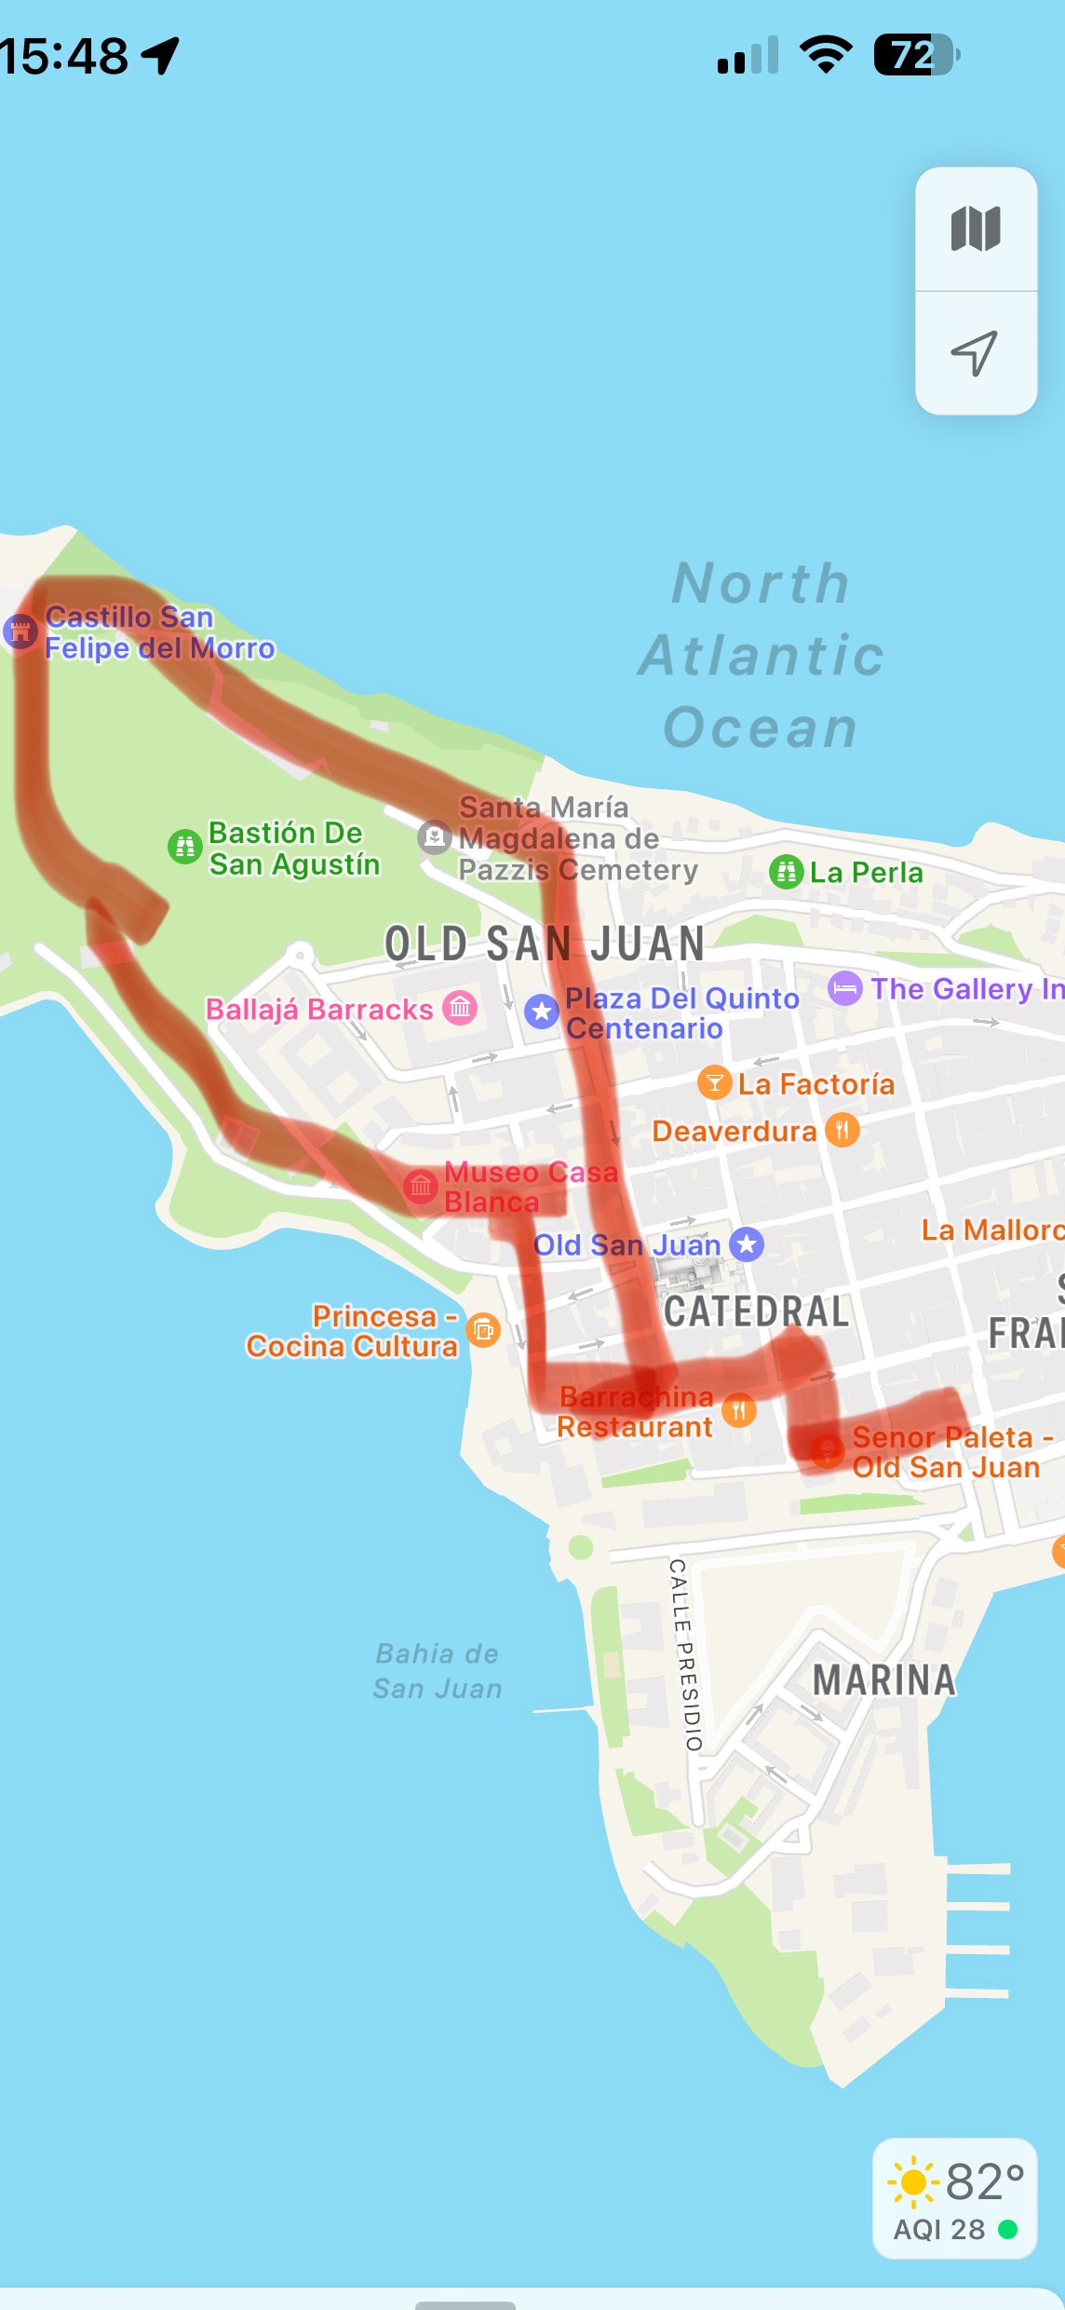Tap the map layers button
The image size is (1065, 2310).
[x=976, y=229]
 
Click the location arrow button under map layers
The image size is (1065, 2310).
[x=975, y=353]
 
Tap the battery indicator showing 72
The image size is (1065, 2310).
[x=915, y=55]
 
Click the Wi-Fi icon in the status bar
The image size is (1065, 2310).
[x=827, y=55]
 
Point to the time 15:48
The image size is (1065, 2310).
[x=63, y=56]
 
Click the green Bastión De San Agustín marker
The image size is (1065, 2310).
[x=184, y=847]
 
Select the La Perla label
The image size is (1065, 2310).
[x=866, y=873]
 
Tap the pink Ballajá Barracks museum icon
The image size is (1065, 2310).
[x=460, y=1008]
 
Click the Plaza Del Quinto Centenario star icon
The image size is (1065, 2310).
[x=541, y=1012]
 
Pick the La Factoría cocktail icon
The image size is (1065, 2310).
[x=714, y=1083]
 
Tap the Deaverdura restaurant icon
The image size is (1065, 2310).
[x=842, y=1131]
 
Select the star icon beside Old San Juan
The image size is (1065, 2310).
[x=747, y=1244]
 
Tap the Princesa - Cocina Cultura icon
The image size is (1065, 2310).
[x=483, y=1330]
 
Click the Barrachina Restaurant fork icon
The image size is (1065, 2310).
[x=738, y=1410]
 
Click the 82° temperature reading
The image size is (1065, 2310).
[x=984, y=2182]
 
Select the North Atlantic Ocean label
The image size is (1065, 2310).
[x=761, y=656]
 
